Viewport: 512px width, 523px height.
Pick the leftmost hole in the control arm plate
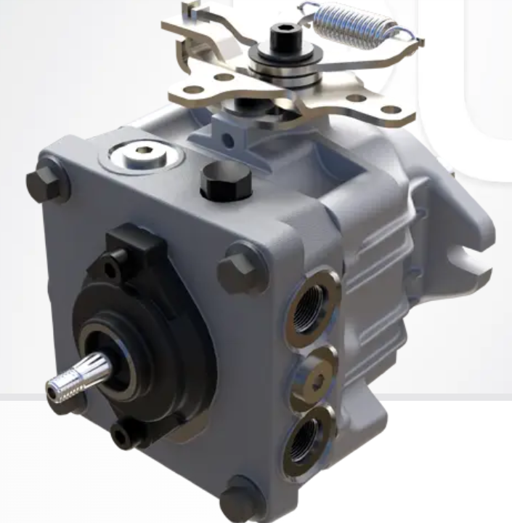(192, 90)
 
